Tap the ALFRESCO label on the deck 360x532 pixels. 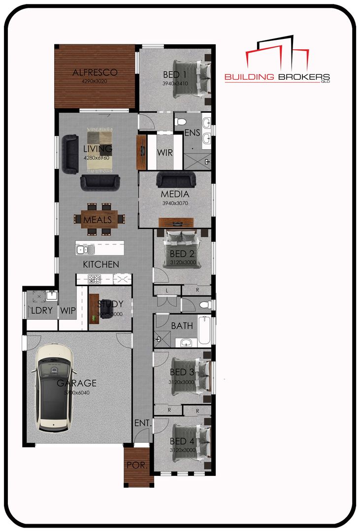[95, 72]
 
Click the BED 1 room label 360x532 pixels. [174, 75]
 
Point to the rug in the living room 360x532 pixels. [100, 149]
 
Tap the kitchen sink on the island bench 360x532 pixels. [83, 250]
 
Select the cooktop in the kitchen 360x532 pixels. [94, 279]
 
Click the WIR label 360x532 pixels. [165, 152]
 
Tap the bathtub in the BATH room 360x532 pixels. [205, 331]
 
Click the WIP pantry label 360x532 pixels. [67, 311]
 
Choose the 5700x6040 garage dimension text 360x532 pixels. [76, 393]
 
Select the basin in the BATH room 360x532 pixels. [185, 341]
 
